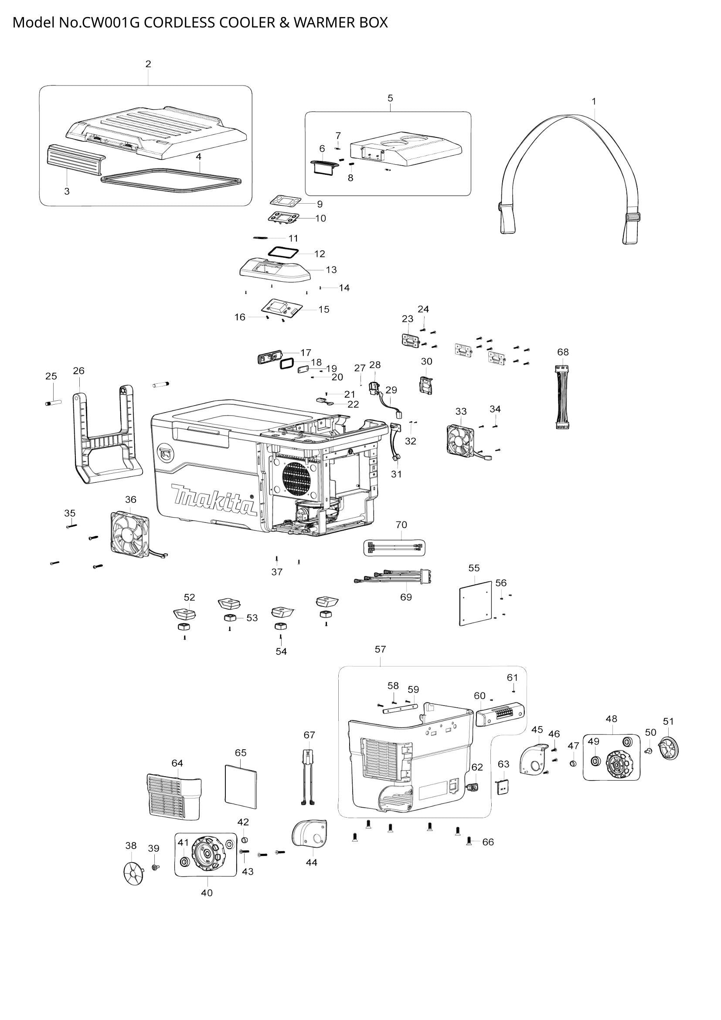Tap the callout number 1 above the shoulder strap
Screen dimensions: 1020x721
click(594, 101)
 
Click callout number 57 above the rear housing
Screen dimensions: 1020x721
click(380, 649)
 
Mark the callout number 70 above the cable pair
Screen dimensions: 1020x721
click(401, 525)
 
